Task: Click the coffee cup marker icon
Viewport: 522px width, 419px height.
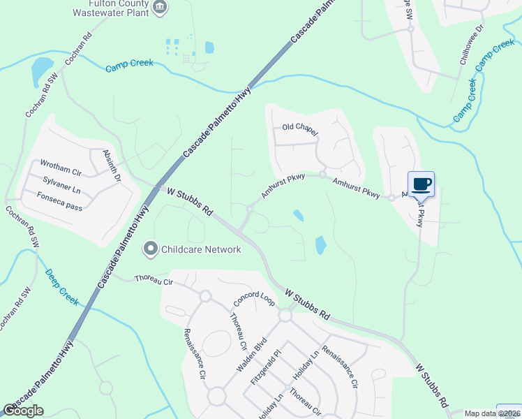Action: (x=421, y=184)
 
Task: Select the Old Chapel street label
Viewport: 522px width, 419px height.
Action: (x=300, y=129)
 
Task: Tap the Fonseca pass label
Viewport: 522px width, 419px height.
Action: (x=61, y=195)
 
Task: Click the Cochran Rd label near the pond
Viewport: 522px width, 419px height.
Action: (x=78, y=49)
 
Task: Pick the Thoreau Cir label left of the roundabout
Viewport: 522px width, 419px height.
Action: (x=154, y=280)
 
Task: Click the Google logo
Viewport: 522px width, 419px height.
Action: (x=23, y=411)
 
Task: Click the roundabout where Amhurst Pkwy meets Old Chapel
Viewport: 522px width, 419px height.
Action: (x=322, y=174)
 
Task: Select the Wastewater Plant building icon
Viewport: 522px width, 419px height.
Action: (x=161, y=8)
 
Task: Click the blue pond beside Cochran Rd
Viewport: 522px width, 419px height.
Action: (x=41, y=69)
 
